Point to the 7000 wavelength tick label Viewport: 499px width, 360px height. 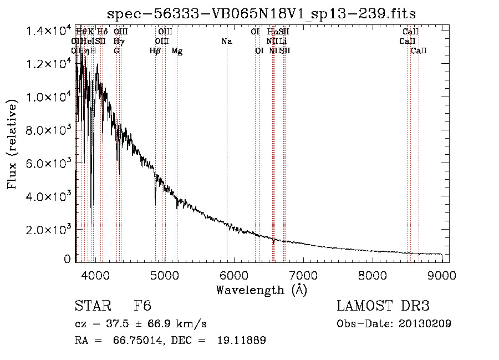tap(303, 275)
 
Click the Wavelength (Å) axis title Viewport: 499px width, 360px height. tap(261, 290)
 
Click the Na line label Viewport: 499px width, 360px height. tap(226, 41)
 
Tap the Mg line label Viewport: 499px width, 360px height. tap(177, 51)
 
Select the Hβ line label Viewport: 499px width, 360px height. tap(155, 51)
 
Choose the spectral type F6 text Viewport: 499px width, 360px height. tap(142, 307)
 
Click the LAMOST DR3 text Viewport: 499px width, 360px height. tap(383, 307)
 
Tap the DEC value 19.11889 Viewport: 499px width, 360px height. tap(243, 341)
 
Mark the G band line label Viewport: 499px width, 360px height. tap(116, 51)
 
